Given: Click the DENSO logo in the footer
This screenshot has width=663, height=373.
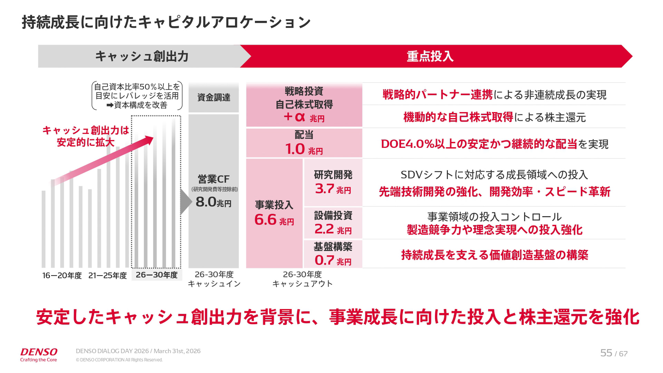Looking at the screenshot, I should coord(39,352).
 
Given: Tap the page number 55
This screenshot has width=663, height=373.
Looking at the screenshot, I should coord(606,353).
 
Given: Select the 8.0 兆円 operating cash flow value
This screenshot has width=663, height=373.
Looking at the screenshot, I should coord(213,202).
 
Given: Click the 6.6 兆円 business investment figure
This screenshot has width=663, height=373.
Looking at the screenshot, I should coord(274,220).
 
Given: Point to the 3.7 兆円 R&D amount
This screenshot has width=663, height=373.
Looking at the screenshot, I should coord(333,189).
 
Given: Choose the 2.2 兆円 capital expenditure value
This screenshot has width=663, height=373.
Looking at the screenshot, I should coord(333,229).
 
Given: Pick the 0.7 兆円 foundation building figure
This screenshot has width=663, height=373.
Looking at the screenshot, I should coord(333,260).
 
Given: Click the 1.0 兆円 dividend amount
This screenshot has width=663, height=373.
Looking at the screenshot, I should coord(304,149).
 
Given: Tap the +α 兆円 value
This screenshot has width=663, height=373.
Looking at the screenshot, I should coord(304,117).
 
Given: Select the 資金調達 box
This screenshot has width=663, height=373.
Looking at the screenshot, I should coord(213,97).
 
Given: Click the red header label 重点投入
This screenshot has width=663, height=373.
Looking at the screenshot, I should coord(430,56).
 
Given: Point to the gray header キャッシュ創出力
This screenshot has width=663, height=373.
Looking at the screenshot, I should coord(142,56).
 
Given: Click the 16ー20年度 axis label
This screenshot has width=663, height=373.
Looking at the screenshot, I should coord(62,276).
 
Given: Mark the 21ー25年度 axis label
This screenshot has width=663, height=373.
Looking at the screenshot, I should coord(107,276).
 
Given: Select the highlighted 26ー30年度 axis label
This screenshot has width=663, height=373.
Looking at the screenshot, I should coord(156,275).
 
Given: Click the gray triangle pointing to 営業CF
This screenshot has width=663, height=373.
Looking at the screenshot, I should coord(185,202).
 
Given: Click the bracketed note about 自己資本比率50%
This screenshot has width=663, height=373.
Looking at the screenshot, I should coord(137,96).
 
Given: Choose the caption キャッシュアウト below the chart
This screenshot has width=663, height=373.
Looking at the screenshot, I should coord(302,284).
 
